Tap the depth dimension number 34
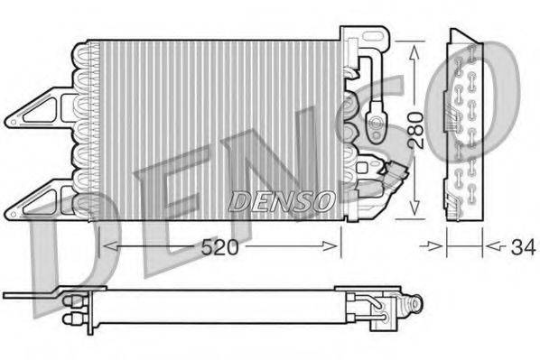[x=518, y=245]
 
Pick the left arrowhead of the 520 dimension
[x=101, y=245]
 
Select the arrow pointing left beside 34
[x=490, y=244]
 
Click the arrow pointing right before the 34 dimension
[x=439, y=244]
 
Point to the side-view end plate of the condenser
[x=466, y=126]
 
